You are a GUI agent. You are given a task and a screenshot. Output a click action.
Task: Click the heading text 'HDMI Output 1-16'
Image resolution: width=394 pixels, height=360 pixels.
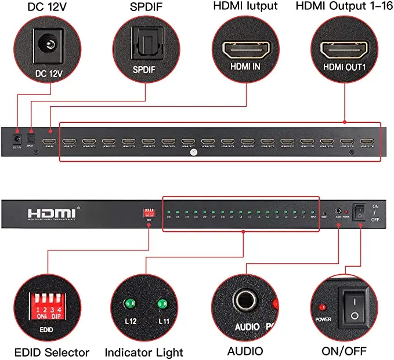click(339, 6)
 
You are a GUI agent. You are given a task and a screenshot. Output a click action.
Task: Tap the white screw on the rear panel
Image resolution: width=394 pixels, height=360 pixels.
click(193, 152)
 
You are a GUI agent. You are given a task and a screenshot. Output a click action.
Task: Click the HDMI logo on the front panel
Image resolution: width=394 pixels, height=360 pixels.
click(51, 212)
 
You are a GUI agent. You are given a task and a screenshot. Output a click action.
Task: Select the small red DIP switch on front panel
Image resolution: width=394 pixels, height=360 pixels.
click(150, 212)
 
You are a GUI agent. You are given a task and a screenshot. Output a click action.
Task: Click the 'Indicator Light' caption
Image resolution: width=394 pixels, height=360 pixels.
click(144, 352)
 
